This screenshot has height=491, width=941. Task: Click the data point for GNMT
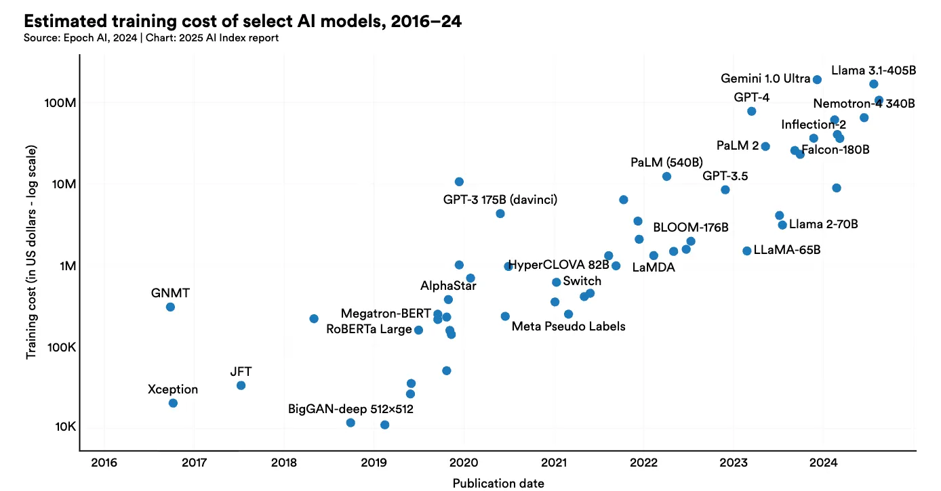pos(170,307)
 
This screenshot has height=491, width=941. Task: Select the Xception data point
pos(173,403)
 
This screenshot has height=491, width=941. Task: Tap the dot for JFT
pos(241,385)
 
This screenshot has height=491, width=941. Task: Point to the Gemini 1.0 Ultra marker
pos(817,79)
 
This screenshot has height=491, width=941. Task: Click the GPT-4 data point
pos(751,111)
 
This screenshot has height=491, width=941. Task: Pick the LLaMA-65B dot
pos(746,251)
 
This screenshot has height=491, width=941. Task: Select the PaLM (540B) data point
pos(666,176)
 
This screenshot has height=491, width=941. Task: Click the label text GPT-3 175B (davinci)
pos(500,200)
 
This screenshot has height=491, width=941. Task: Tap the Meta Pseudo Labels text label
pos(568,326)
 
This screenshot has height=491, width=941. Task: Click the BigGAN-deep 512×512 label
pos(351,409)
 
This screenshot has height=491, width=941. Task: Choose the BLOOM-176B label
pos(690,228)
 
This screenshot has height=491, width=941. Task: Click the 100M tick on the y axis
pos(59,103)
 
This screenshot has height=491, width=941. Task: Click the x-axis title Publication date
pos(498,483)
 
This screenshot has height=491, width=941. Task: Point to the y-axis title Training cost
pos(31,252)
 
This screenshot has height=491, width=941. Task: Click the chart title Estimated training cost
pos(243,21)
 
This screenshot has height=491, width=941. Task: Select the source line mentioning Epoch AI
pos(151,38)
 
